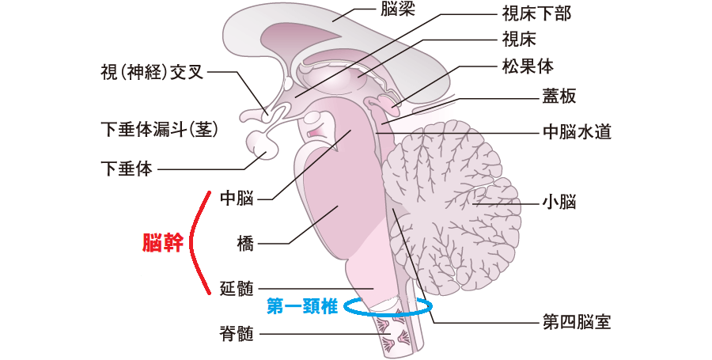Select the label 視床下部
tap(536, 14)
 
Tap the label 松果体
tap(528, 66)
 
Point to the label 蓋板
tap(559, 96)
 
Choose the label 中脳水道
tap(578, 132)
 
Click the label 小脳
tap(559, 202)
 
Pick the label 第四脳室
tap(578, 322)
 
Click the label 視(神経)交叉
tap(152, 73)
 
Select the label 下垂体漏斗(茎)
tap(159, 131)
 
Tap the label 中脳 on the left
tap(237, 199)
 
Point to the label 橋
tap(245, 244)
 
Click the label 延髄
tap(237, 288)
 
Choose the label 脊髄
tap(237, 335)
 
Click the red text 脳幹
tap(162, 243)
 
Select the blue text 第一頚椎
tap(302, 306)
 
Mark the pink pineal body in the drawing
tap(387, 104)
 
